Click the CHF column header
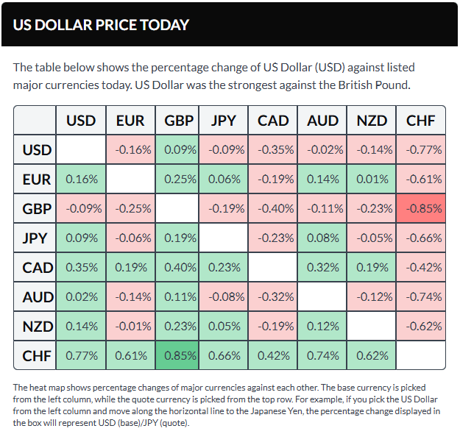click(x=421, y=121)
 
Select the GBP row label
click(x=37, y=209)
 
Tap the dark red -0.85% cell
click(x=421, y=209)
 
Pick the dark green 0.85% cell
click(x=179, y=355)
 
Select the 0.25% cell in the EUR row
click(x=179, y=179)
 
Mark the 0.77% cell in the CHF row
click(x=82, y=355)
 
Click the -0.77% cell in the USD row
click(x=421, y=150)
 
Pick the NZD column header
click(x=372, y=121)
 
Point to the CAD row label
click(x=37, y=267)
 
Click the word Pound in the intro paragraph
click(x=390, y=86)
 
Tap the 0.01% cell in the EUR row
click(x=372, y=179)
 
